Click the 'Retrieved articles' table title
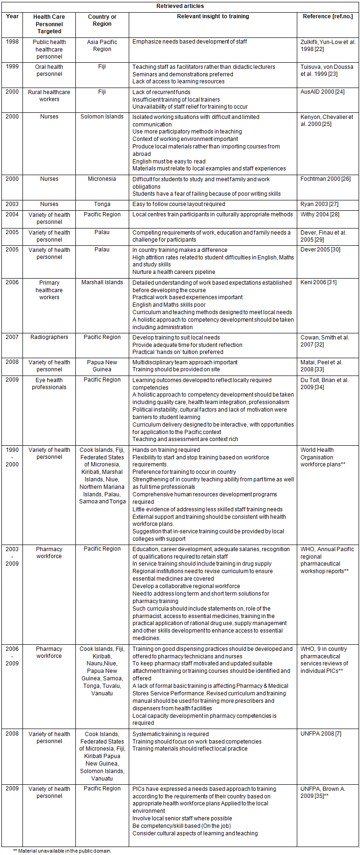pyautogui.click(x=180, y=6)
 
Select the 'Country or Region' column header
pyautogui.click(x=102, y=20)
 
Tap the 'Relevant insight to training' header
pyautogui.click(x=213, y=16)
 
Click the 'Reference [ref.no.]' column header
pyautogui.click(x=328, y=16)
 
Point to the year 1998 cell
pyautogui.click(x=12, y=42)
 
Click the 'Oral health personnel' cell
pyautogui.click(x=49, y=70)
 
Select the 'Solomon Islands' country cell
pyautogui.click(x=102, y=117)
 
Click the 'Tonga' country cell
pyautogui.click(x=102, y=204)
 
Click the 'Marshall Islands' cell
pyautogui.click(x=102, y=282)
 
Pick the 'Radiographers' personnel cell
pyautogui.click(x=49, y=337)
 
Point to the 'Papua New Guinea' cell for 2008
pyautogui.click(x=102, y=366)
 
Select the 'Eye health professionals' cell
pyautogui.click(x=49, y=383)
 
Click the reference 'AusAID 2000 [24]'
pyautogui.click(x=323, y=92)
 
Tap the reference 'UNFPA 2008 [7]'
pyautogui.click(x=321, y=734)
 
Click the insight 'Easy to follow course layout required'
pyautogui.click(x=179, y=204)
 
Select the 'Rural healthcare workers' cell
pyautogui.click(x=49, y=96)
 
